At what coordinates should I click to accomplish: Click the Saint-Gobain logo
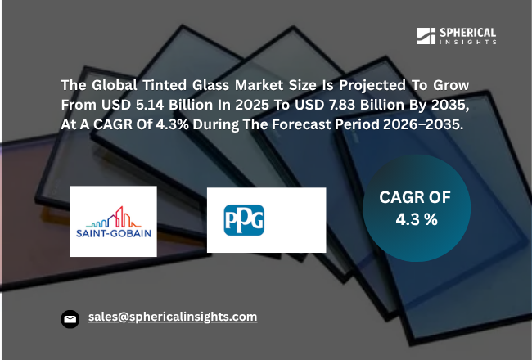click(113, 221)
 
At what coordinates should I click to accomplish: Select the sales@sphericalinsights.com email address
click(173, 317)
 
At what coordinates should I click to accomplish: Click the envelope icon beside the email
click(71, 319)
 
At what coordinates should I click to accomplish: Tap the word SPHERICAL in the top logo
click(467, 32)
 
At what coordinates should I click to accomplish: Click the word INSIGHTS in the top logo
click(467, 42)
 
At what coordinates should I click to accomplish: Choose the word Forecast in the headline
click(327, 125)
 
